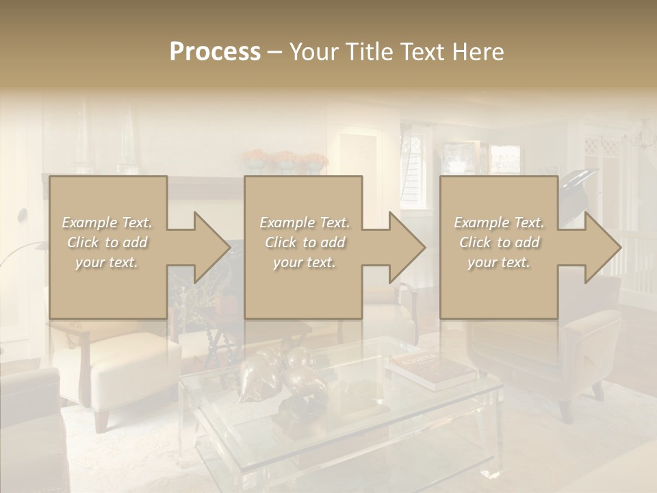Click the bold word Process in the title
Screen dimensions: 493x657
(215, 52)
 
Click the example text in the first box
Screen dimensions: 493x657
(107, 242)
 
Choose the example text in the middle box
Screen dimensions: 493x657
(304, 242)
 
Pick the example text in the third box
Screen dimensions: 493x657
(498, 242)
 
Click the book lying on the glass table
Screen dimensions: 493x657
(431, 370)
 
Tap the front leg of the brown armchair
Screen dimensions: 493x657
(565, 411)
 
